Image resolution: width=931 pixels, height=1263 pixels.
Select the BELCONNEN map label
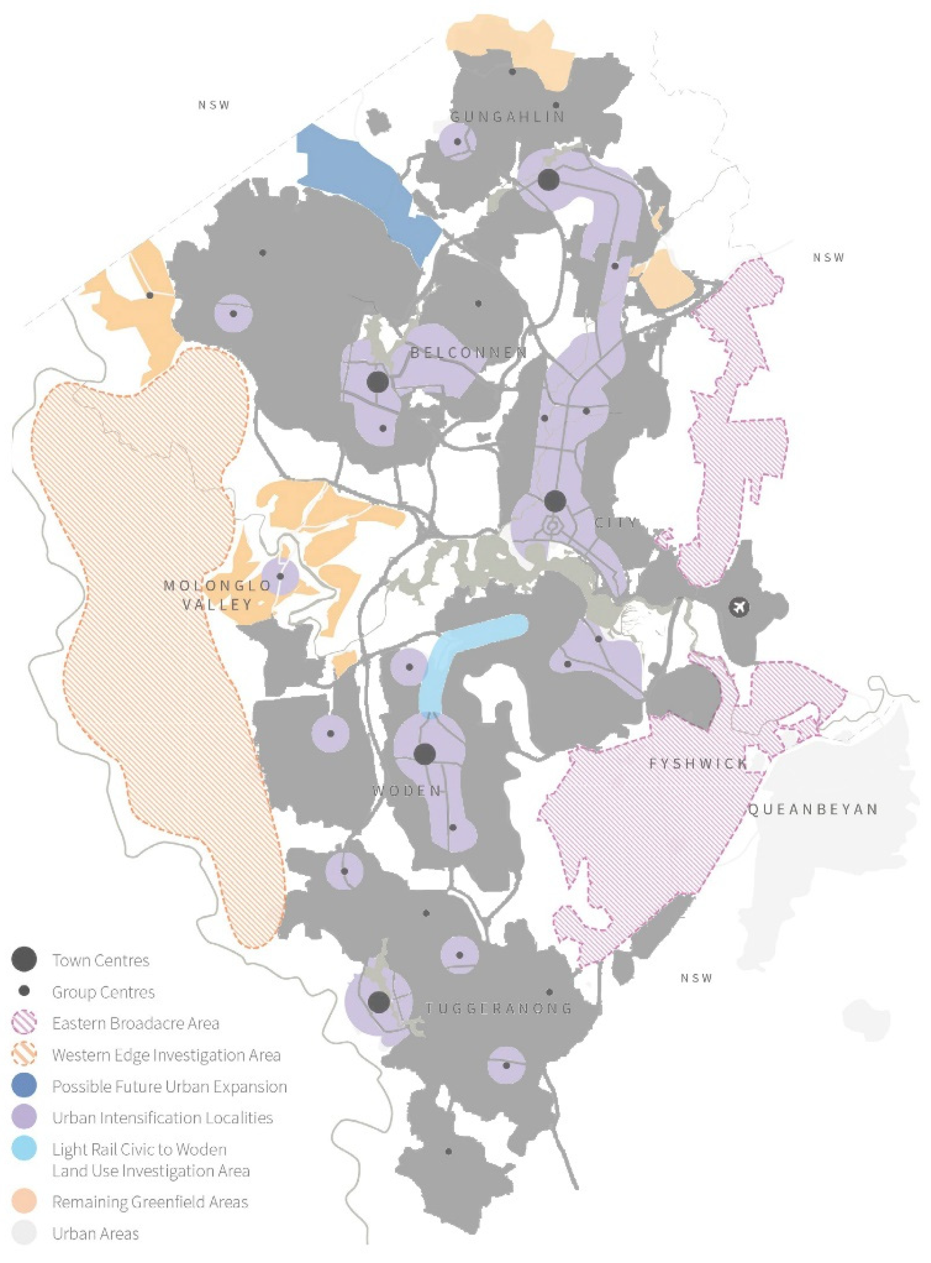469,353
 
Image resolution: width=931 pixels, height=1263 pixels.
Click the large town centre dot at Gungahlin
548,180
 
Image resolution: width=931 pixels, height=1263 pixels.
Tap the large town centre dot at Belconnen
377,382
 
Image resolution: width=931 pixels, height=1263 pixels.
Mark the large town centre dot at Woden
424,754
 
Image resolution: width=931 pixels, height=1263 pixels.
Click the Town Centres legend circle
24,959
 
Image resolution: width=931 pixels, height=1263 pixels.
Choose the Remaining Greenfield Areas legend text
150,1202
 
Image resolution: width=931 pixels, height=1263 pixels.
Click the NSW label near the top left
214,105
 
